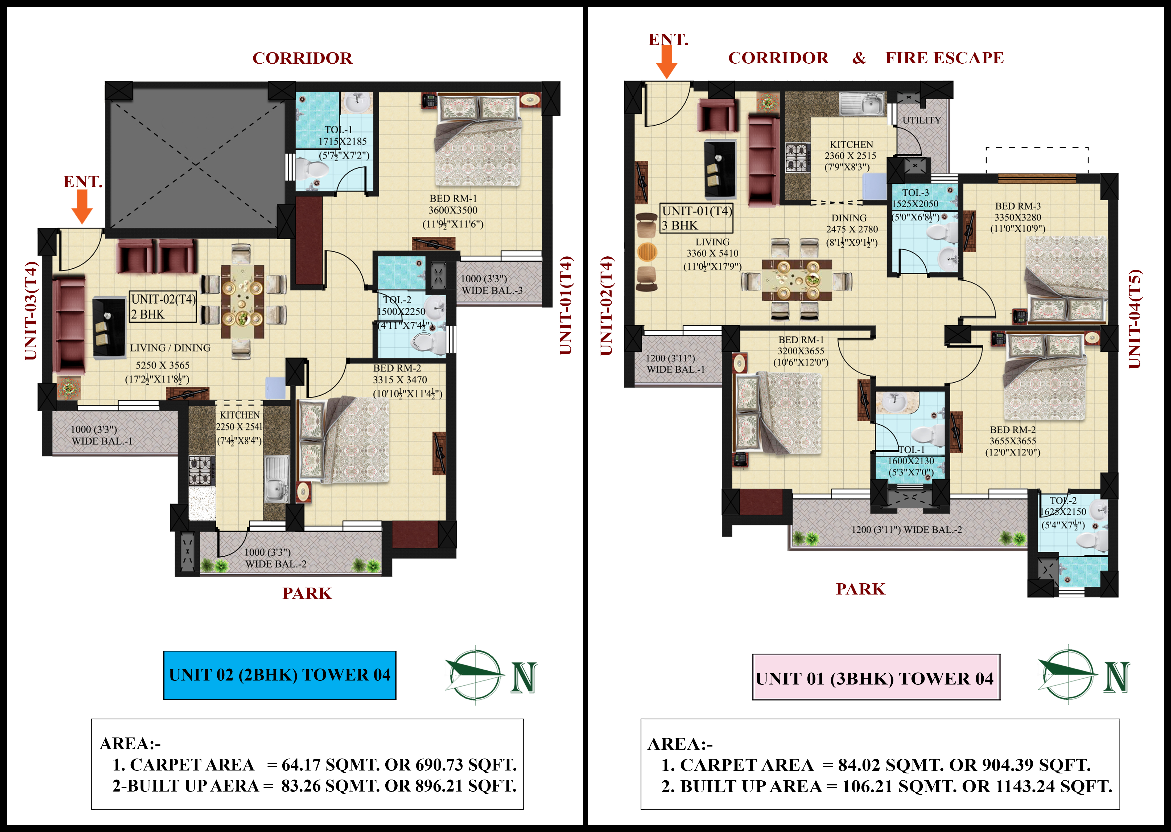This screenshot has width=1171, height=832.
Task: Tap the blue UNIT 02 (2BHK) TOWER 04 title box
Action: point(279,675)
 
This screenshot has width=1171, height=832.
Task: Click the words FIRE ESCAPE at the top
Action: point(945,58)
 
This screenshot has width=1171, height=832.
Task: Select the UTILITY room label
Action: point(922,120)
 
